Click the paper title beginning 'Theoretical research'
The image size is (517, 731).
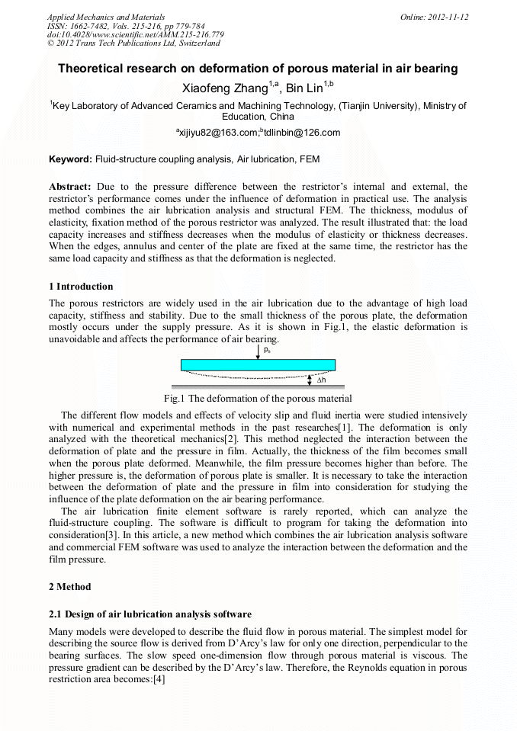coord(258,69)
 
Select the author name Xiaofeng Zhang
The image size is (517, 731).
coord(226,88)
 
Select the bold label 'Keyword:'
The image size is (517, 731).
coord(70,160)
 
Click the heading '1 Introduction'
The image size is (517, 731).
coord(81,287)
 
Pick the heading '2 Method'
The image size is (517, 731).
coord(69,587)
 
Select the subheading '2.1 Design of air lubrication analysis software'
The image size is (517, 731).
coord(150,614)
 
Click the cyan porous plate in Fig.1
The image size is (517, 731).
coord(258,364)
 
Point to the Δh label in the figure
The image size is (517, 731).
coord(321,380)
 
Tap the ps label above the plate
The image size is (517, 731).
coord(266,350)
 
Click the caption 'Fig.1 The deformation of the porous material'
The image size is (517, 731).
coord(258,399)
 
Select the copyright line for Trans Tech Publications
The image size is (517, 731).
coord(133,43)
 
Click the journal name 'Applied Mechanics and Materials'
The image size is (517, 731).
coord(106,16)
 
